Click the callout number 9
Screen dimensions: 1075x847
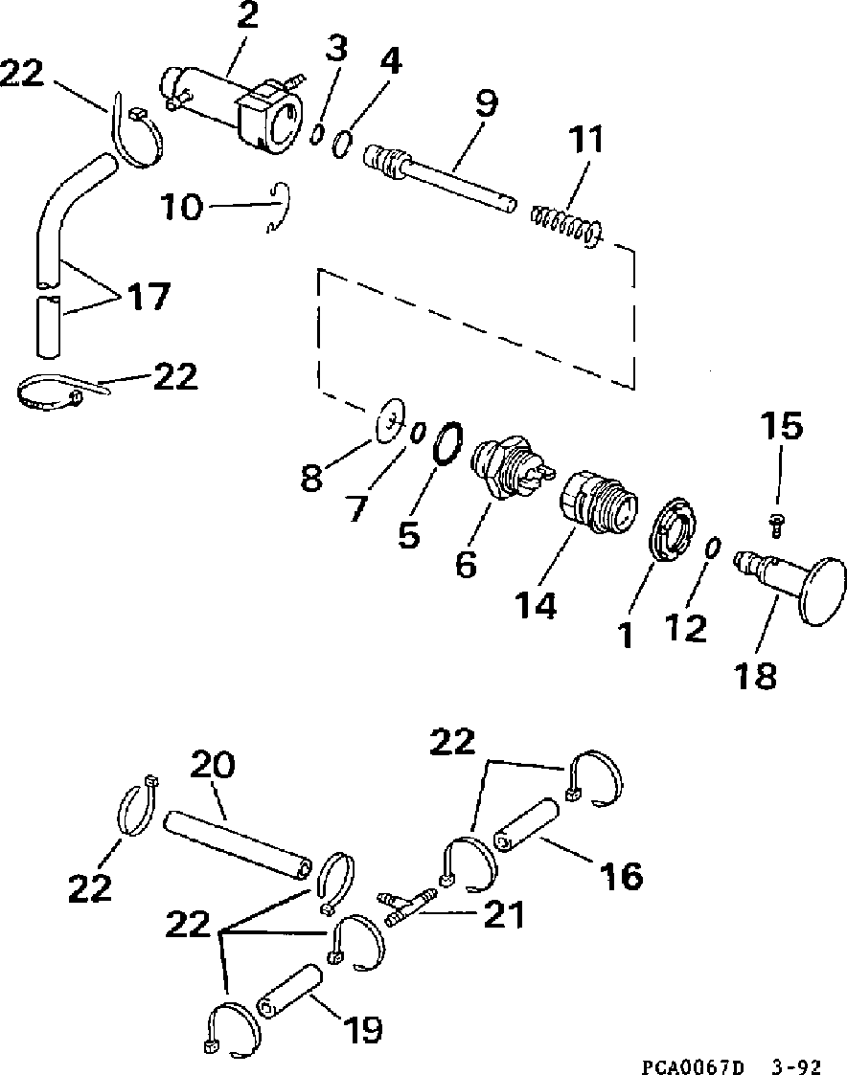pos(488,102)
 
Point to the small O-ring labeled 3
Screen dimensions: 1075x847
pos(315,134)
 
